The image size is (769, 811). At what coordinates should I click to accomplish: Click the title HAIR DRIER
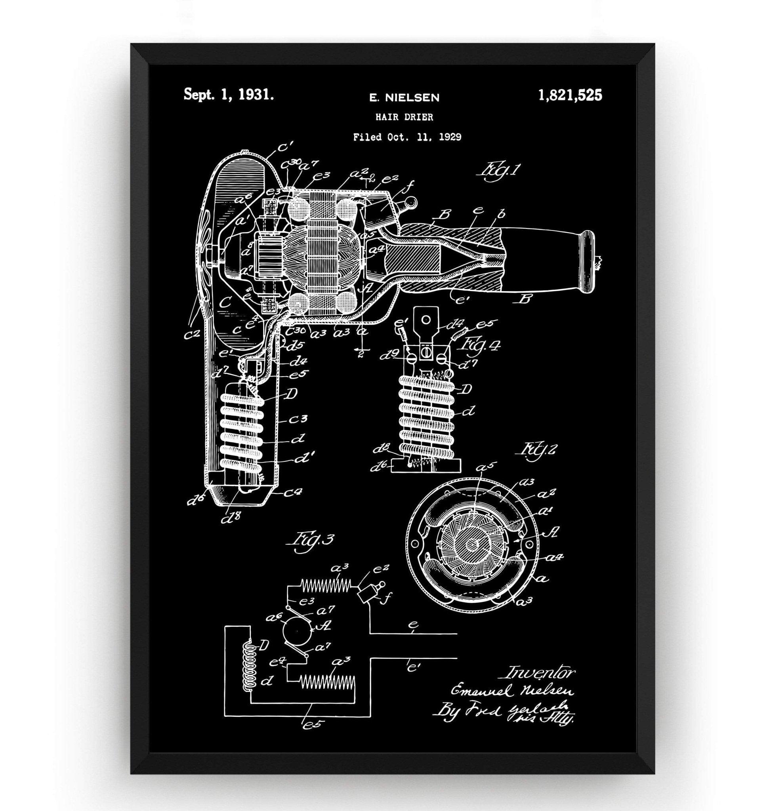click(404, 117)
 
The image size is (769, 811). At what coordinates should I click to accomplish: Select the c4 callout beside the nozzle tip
click(293, 493)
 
